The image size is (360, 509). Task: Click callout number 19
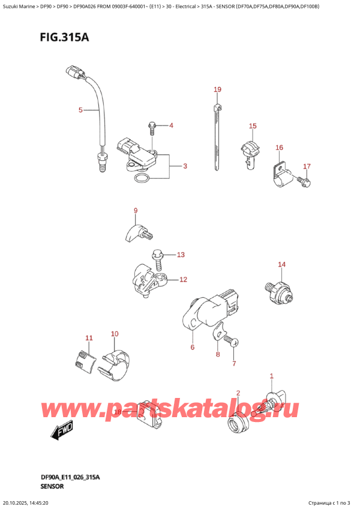click(217, 89)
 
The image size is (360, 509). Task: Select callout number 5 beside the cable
click(80, 110)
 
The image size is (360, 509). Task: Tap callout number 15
click(253, 125)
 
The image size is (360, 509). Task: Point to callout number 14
click(281, 264)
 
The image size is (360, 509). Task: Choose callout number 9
click(136, 210)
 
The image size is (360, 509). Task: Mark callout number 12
click(183, 279)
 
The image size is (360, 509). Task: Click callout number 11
click(89, 339)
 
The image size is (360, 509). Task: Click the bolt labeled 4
click(151, 127)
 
